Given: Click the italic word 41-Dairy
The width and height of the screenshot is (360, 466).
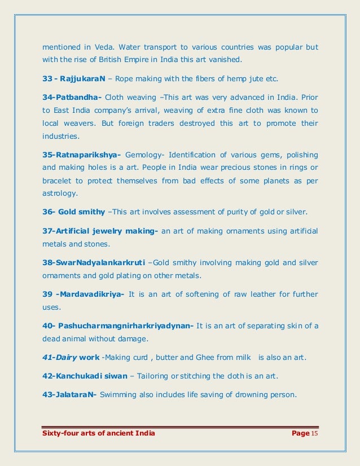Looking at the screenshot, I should pyautogui.click(x=59, y=358).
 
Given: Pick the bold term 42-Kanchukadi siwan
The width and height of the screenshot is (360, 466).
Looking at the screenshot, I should pyautogui.click(x=86, y=376).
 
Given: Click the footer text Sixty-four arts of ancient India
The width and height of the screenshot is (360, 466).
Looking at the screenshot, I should pyautogui.click(x=99, y=433).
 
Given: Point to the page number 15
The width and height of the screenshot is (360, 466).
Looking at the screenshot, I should pyautogui.click(x=315, y=433).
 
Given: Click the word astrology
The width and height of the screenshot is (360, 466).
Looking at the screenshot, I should pyautogui.click(x=60, y=192).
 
